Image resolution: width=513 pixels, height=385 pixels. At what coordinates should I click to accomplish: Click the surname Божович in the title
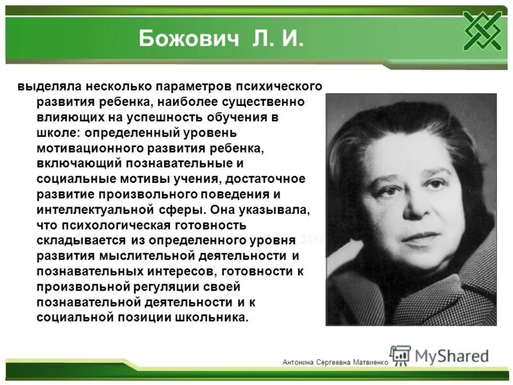186,39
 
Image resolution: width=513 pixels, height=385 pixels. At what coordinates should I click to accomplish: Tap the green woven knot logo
482,30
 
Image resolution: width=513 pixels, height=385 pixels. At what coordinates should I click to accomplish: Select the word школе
56,132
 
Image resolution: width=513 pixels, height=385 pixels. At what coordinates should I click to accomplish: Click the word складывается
77,240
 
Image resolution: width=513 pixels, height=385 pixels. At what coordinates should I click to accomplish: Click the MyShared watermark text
451,355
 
